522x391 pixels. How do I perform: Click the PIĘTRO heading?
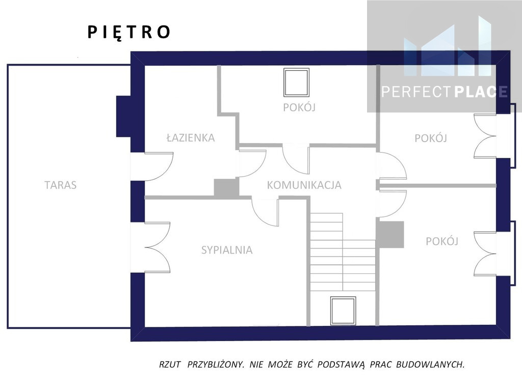(129, 33)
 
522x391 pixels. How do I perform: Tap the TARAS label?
(61, 185)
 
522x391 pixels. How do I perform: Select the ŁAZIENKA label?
(191, 137)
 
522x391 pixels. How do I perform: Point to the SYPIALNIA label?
(227, 250)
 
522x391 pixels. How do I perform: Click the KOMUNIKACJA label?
(304, 185)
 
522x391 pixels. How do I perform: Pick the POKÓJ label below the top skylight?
(299, 107)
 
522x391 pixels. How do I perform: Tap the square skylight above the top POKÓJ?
(296, 82)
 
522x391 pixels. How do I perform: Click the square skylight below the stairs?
(343, 311)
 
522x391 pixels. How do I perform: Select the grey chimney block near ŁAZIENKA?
(226, 187)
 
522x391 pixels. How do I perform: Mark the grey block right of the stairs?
(390, 235)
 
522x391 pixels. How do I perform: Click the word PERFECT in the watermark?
(417, 92)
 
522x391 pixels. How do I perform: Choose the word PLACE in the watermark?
(481, 92)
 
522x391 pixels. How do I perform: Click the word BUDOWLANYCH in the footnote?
(430, 365)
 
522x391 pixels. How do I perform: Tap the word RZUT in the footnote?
(170, 365)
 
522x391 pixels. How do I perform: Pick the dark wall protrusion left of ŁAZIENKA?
(123, 117)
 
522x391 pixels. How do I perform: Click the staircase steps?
(343, 253)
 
